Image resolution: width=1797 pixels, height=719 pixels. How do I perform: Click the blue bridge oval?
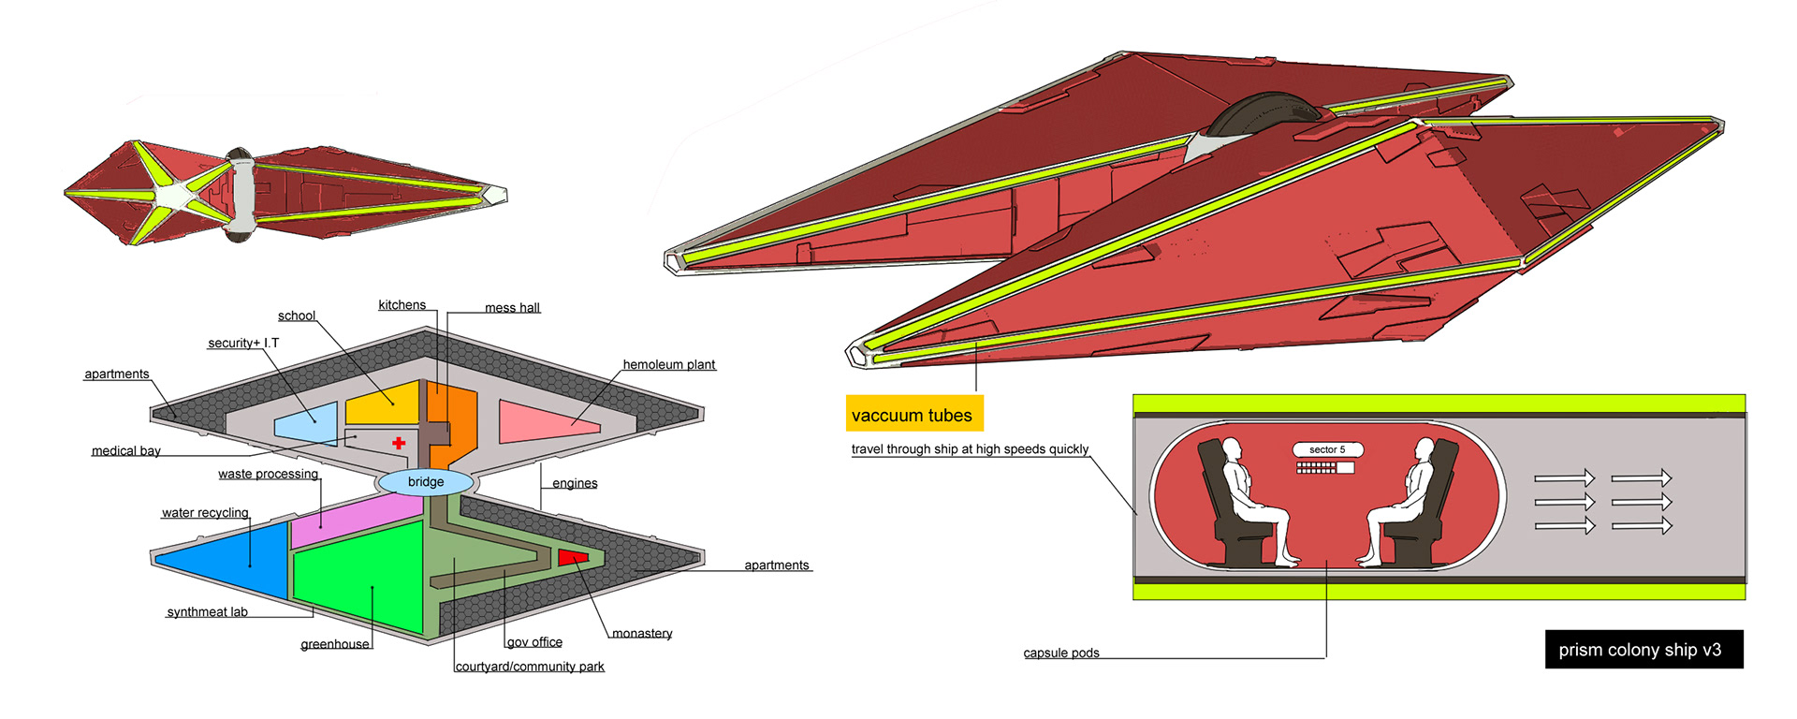(x=426, y=482)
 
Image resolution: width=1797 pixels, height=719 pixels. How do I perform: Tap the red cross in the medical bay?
(x=399, y=443)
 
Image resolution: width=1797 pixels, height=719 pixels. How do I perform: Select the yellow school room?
(x=384, y=403)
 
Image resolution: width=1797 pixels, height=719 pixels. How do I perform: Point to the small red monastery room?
(x=572, y=557)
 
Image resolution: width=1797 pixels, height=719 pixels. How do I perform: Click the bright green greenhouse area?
(x=360, y=576)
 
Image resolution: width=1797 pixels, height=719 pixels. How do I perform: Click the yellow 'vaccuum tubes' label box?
(x=913, y=415)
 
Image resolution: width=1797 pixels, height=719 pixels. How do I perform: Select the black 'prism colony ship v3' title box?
(x=1644, y=650)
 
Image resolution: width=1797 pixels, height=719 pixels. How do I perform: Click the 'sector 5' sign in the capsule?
(x=1327, y=450)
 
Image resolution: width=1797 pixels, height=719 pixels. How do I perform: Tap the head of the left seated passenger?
(x=1232, y=449)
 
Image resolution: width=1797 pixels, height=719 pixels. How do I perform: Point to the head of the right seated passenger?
(x=1424, y=449)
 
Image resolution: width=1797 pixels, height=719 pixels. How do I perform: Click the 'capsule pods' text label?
(x=1061, y=653)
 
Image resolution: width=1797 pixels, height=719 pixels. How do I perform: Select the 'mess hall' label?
(x=512, y=308)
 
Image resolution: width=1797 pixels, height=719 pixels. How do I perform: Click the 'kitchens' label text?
(x=402, y=305)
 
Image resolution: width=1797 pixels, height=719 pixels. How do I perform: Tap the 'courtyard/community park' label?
(x=530, y=667)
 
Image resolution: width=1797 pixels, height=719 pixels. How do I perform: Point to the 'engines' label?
(x=575, y=484)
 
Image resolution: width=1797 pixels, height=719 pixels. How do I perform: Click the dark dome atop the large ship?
(x=1265, y=112)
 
